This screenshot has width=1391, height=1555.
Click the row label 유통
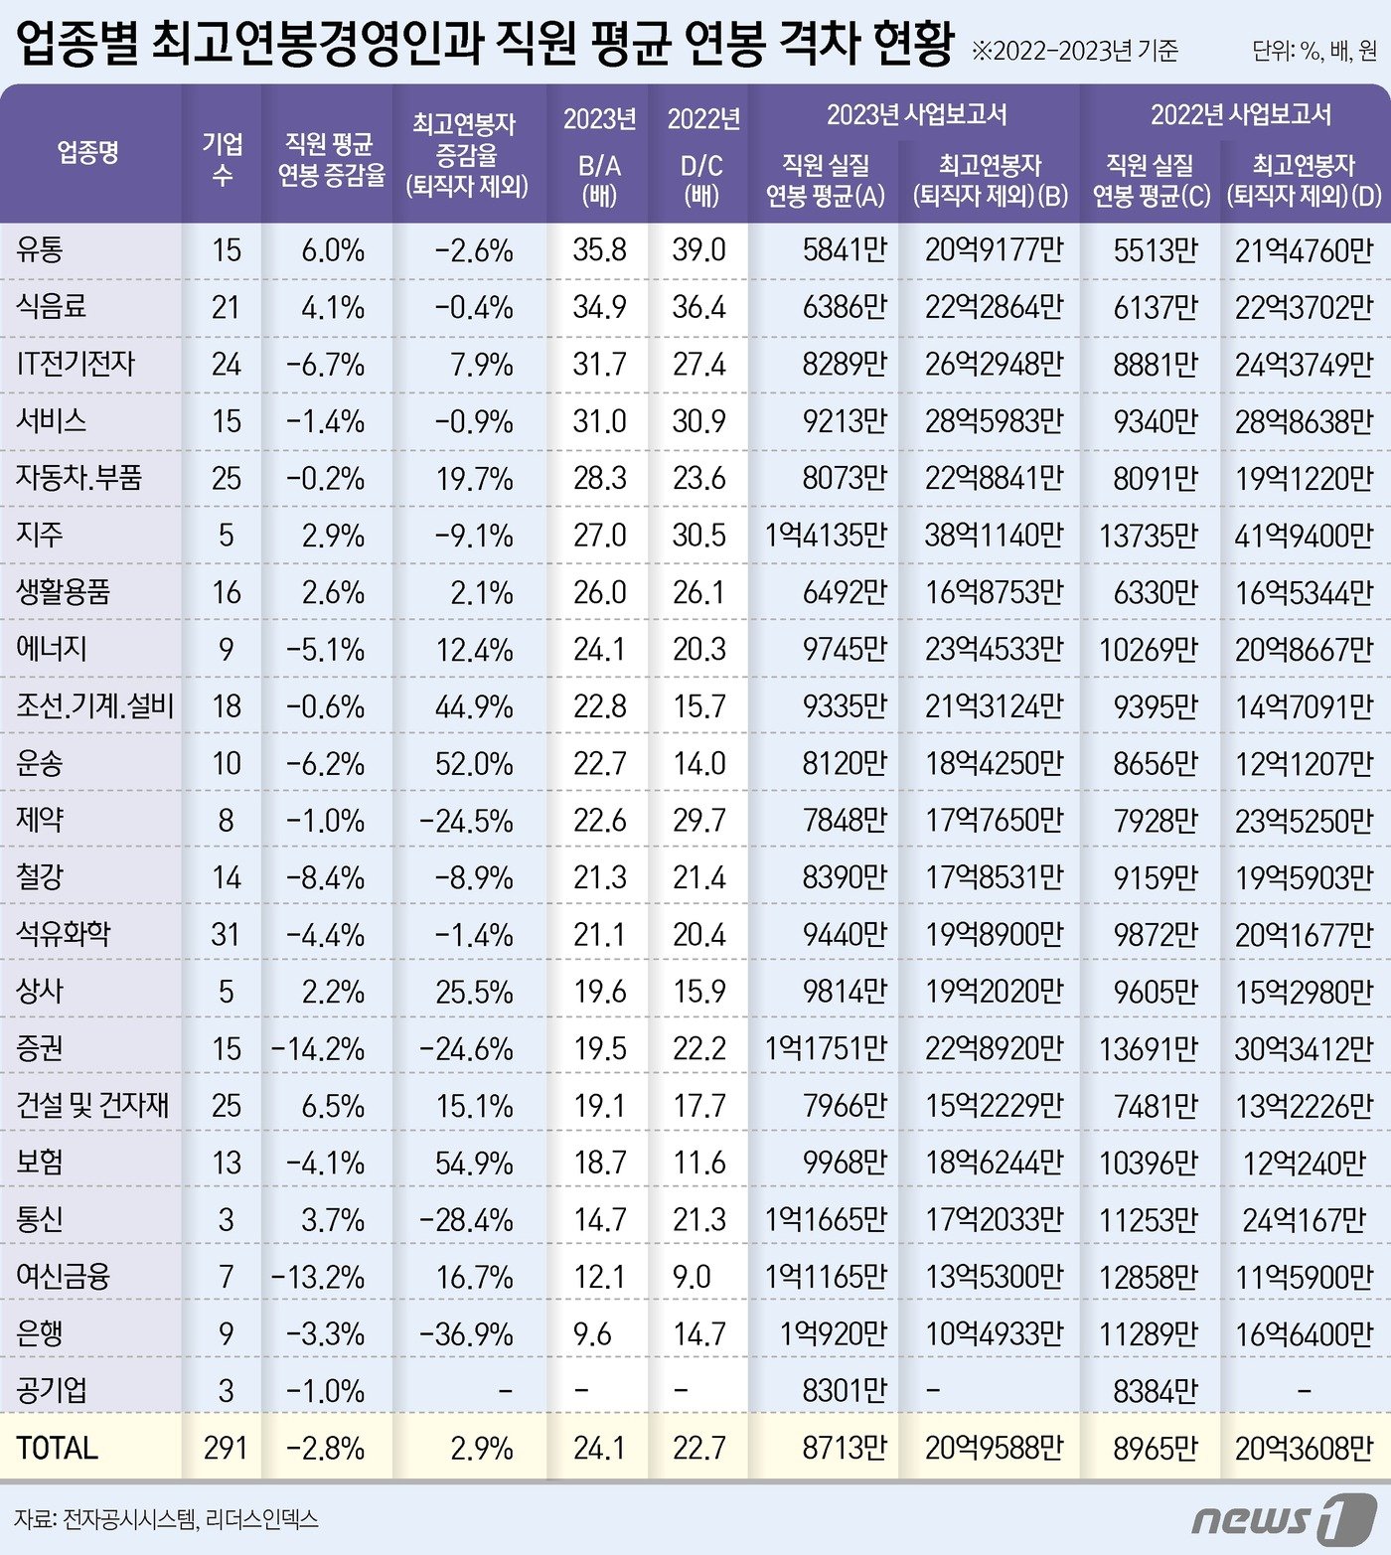(40, 249)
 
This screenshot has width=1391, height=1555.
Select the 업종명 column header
(88, 152)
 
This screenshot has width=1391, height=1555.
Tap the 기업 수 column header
(223, 159)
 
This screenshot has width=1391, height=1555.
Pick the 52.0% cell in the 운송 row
(474, 764)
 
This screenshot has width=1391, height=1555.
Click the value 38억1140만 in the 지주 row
(994, 536)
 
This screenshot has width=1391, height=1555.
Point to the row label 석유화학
(64, 934)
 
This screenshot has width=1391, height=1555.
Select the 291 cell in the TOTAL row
(226, 1448)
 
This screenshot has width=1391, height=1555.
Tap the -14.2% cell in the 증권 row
(318, 1049)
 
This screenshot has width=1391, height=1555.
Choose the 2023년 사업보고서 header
(916, 115)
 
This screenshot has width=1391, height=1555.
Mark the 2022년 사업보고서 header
(1240, 115)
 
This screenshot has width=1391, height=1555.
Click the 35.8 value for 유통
(599, 249)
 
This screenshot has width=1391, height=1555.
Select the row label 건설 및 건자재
(92, 1105)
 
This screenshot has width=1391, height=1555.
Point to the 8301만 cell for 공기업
(845, 1390)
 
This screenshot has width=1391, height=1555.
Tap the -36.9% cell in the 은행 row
(466, 1333)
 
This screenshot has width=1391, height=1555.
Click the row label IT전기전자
(76, 364)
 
